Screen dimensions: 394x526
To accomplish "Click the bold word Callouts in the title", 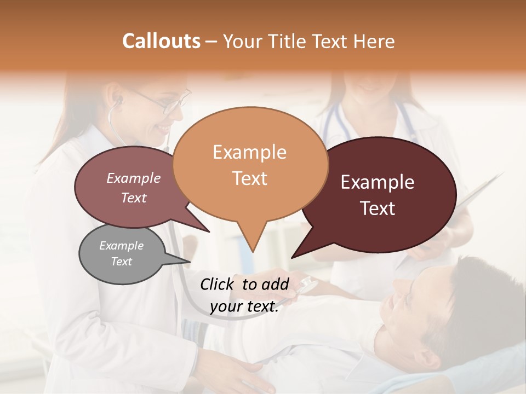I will tap(161, 41).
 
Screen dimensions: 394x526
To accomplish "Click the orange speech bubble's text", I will tap(250, 165).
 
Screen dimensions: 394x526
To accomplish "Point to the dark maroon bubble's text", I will tap(378, 195).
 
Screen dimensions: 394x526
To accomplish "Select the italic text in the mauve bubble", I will tap(134, 188).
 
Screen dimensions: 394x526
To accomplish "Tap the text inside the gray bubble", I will tap(122, 253).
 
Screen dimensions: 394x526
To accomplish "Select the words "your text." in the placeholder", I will tap(244, 307).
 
